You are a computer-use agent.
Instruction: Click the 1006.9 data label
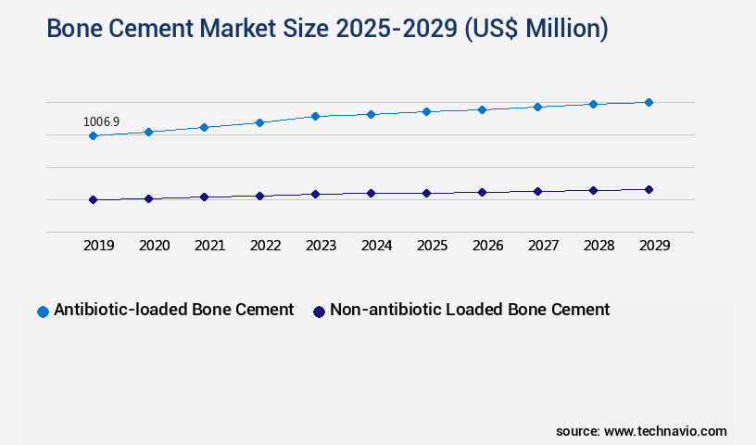point(101,121)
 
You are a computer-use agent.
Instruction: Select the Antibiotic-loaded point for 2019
point(93,136)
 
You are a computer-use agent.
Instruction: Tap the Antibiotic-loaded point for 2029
point(649,102)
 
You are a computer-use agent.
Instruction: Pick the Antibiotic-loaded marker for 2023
point(315,116)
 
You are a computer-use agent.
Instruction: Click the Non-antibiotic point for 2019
point(93,199)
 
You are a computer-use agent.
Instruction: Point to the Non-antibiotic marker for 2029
point(649,189)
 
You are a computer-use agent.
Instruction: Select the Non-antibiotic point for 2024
point(371,193)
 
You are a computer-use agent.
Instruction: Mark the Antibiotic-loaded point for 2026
point(482,109)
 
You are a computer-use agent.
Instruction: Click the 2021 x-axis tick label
point(209,246)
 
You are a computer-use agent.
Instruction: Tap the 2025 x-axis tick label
point(432,246)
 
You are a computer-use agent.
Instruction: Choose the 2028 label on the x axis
point(598,246)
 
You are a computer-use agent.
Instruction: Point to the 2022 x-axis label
point(265,246)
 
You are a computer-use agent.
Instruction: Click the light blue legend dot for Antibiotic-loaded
point(43,311)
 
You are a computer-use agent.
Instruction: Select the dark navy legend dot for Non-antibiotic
point(319,311)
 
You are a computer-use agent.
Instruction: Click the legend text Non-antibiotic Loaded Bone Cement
point(470,310)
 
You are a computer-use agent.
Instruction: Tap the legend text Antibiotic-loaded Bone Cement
point(174,310)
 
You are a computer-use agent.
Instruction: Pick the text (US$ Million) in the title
point(536,29)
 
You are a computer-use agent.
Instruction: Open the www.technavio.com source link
point(665,431)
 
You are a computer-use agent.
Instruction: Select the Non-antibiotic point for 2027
point(537,191)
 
